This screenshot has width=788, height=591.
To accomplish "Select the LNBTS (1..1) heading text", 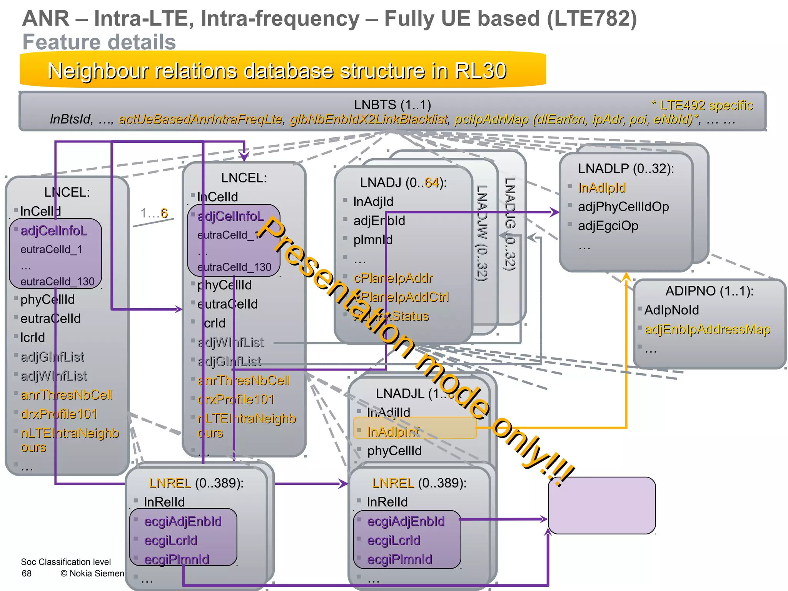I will tap(392, 105).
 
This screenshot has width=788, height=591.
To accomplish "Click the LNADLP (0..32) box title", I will tap(626, 169).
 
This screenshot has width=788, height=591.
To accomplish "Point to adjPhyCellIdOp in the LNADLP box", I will tap(623, 207).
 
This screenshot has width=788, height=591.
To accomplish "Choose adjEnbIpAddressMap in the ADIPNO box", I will tap(707, 329).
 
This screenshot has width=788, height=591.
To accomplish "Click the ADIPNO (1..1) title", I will tap(709, 291).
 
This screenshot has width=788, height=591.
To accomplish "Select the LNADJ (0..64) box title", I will tap(403, 182).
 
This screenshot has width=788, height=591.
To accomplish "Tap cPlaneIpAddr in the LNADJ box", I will tap(393, 278).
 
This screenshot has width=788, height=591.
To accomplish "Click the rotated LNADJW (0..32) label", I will tap(482, 233).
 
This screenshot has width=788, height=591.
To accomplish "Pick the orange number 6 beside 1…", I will tap(164, 213).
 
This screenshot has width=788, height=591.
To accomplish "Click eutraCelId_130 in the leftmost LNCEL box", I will tap(57, 281).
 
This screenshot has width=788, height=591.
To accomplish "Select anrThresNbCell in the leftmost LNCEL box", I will tap(67, 395).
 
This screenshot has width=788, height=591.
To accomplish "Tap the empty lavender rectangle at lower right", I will tap(601, 505).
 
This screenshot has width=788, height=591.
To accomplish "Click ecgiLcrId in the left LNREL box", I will tap(170, 540).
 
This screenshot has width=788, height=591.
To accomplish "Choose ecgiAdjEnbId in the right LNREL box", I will tap(406, 521).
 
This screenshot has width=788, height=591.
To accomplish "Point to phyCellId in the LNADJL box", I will tap(394, 451).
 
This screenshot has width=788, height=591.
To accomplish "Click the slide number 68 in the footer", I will tap(27, 573).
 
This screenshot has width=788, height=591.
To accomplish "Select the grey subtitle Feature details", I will tap(99, 42).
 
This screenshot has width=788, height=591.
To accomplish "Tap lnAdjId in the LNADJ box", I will tap(373, 202).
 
